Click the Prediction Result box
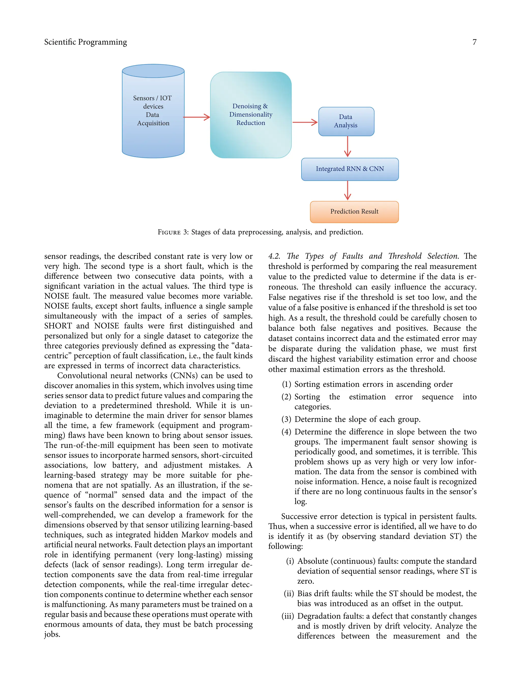pos(354,212)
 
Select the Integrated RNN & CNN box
pos(350,169)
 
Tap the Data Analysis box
pos(346,121)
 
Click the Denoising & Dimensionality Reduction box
pos(251,115)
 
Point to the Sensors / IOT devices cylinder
pos(153,111)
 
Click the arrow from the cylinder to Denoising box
pos(197,117)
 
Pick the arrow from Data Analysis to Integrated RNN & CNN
pos(347,146)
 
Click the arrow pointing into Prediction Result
pos(347,190)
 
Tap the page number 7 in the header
pos(474,42)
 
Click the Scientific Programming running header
pos(85,42)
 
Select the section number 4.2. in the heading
pos(274,256)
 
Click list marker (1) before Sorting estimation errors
pos(286,384)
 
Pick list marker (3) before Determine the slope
pos(286,419)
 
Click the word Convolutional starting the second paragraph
pos(81,376)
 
